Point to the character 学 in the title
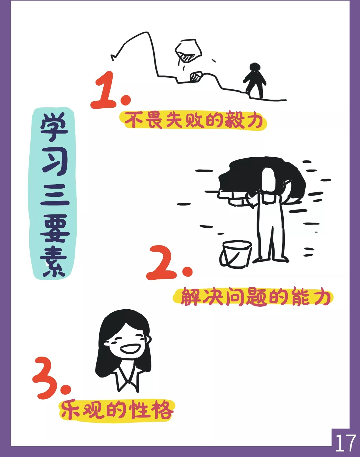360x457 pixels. pos(54,127)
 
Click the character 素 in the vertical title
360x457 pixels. pos(53,262)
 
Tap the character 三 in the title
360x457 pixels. pos(55,194)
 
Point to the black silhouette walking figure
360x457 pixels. pos(255,80)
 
